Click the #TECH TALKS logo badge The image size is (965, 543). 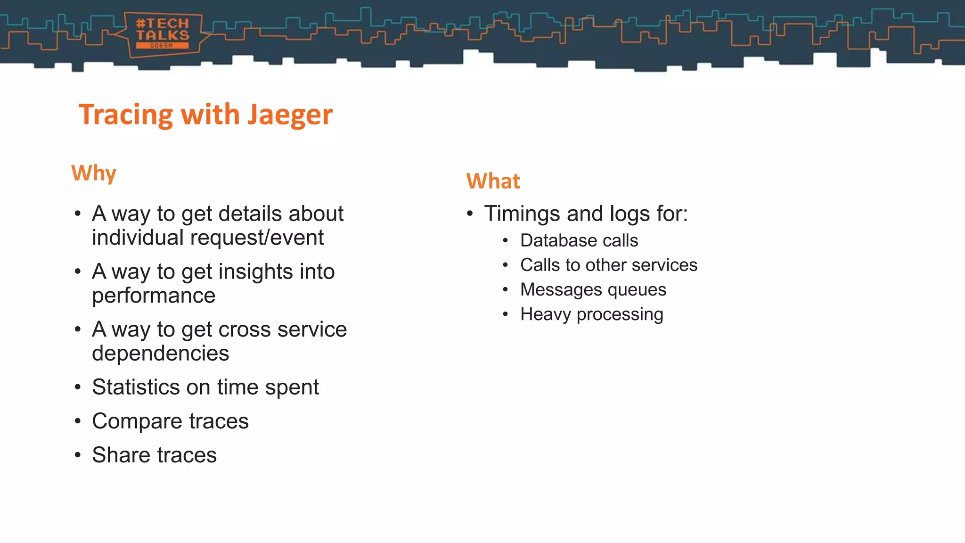click(163, 34)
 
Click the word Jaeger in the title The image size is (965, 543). click(290, 115)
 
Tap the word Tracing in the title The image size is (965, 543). click(126, 115)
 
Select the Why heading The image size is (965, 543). click(94, 173)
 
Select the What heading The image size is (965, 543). click(493, 181)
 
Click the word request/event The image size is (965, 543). click(257, 238)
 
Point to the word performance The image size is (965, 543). click(154, 296)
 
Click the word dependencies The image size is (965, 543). click(160, 353)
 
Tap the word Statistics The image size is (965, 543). click(136, 387)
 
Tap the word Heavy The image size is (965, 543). click(546, 314)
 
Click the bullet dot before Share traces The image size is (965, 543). click(78, 455)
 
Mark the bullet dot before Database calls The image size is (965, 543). click(505, 241)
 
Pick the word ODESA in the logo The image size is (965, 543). click(162, 46)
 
